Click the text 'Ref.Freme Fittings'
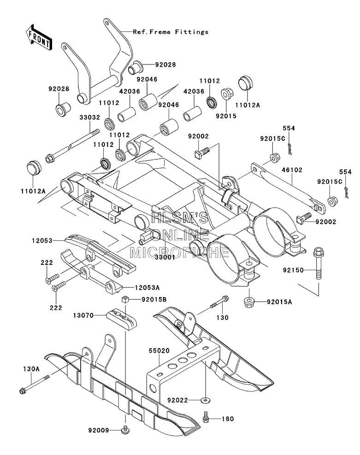pyautogui.click(x=171, y=32)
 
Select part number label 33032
pyautogui.click(x=90, y=117)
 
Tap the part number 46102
pyautogui.click(x=292, y=170)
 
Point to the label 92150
pyautogui.click(x=293, y=270)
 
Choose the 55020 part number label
pyautogui.click(x=159, y=351)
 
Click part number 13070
pyautogui.click(x=83, y=315)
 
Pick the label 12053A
pyautogui.click(x=147, y=287)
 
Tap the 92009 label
pyautogui.click(x=99, y=430)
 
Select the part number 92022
pyautogui.click(x=177, y=401)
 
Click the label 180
pyautogui.click(x=228, y=419)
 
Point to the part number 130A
pyautogui.click(x=31, y=369)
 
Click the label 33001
pyautogui.click(x=165, y=257)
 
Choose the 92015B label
pyautogui.click(x=154, y=299)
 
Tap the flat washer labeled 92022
pyautogui.click(x=206, y=401)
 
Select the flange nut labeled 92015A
pyautogui.click(x=249, y=302)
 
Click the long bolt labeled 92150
pyautogui.click(x=319, y=263)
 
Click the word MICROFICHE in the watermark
pyautogui.click(x=179, y=252)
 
